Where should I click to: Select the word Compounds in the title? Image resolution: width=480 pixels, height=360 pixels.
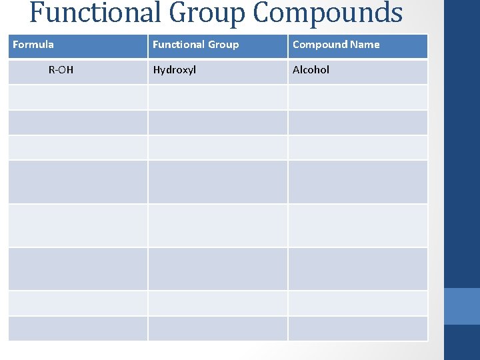328,13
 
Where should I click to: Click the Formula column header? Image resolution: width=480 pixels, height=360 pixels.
33,45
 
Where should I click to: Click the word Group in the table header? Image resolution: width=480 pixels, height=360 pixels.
223,45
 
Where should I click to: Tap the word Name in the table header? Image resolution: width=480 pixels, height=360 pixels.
365,45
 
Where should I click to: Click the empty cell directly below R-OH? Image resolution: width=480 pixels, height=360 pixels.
77,97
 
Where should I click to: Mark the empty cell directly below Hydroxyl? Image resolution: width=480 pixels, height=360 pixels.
217,97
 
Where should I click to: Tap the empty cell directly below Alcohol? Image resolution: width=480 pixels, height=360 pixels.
357,97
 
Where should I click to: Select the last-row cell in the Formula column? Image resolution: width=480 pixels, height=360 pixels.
77,329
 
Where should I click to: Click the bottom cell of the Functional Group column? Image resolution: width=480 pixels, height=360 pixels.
217,329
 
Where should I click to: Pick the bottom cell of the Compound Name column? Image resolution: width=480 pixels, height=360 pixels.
357,329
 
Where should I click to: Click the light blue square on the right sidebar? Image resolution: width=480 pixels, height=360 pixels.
462,306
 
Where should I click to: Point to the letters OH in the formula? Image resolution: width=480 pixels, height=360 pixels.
65,70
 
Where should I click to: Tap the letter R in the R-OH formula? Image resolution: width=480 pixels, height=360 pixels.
52,70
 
